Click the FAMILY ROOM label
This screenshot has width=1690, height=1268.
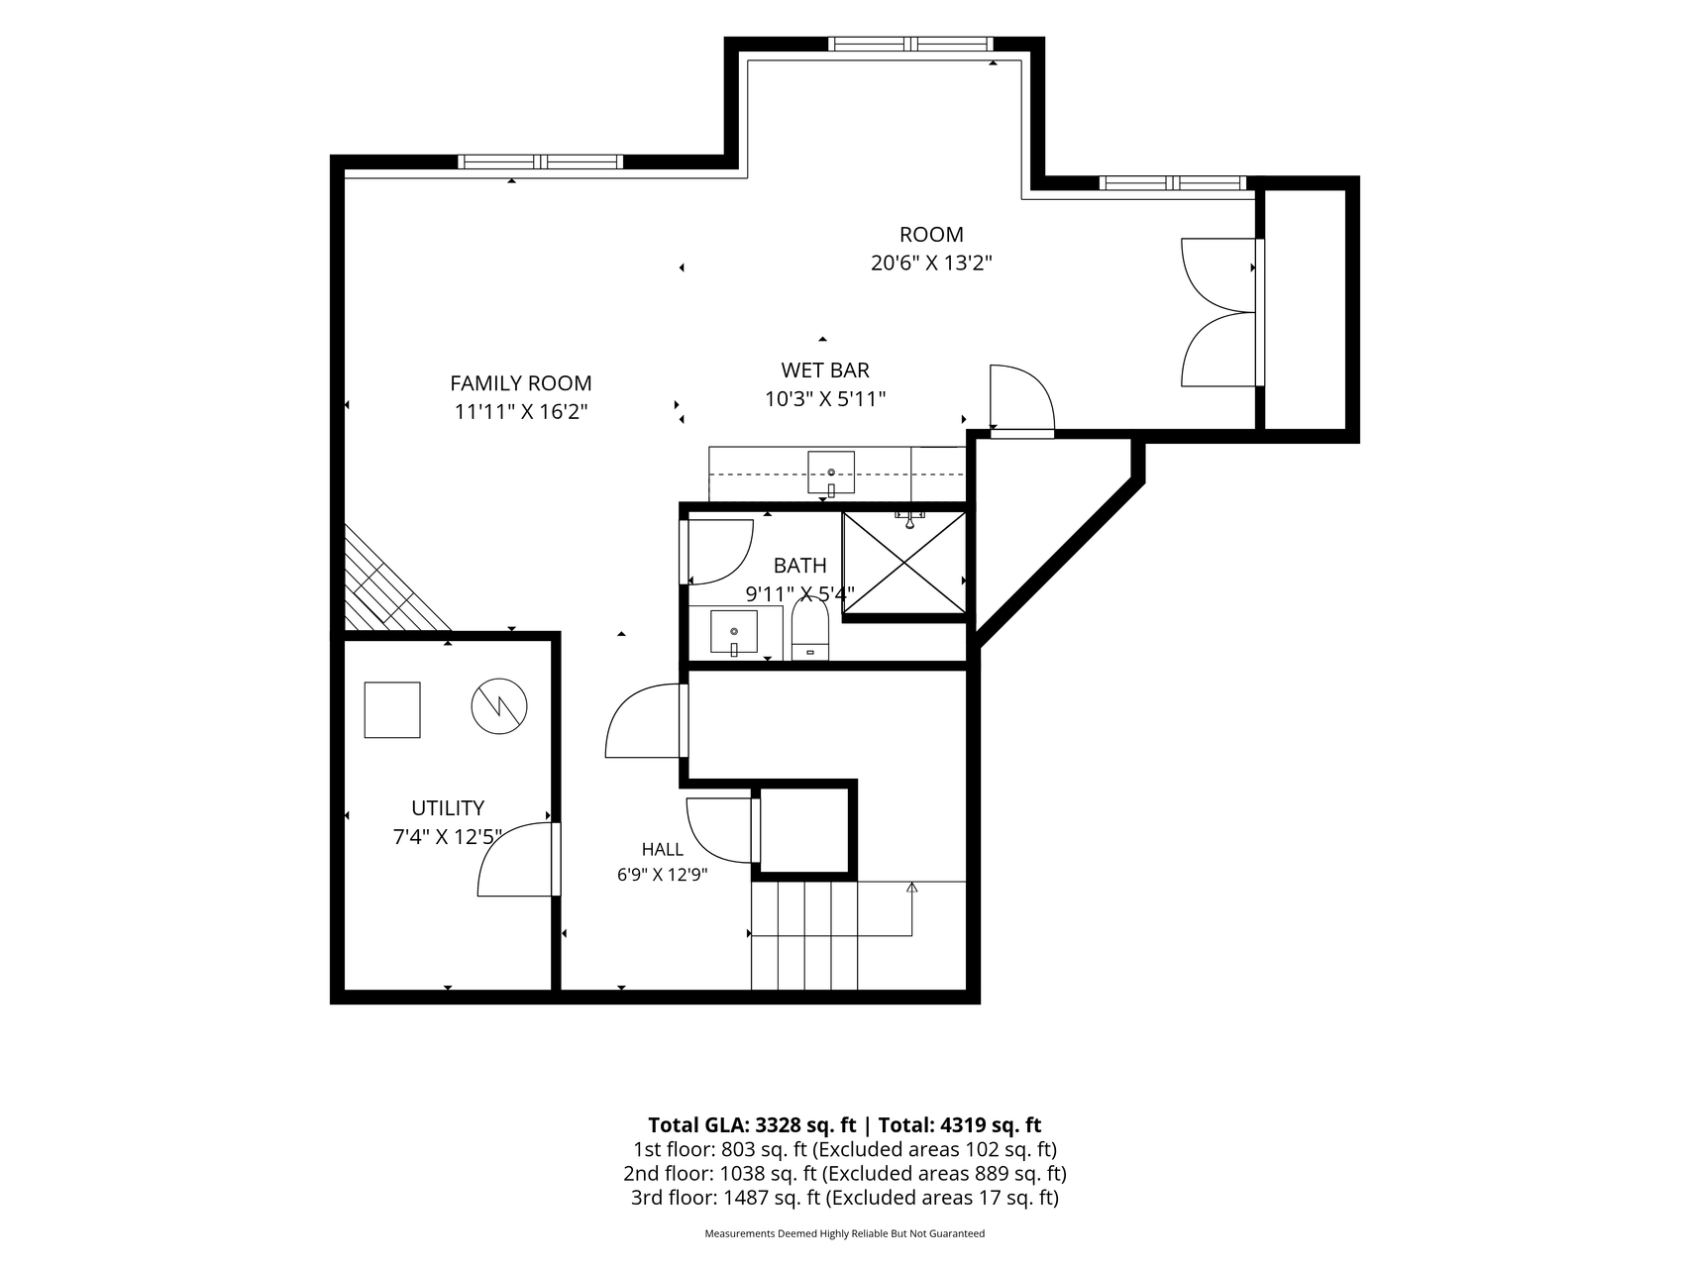521,383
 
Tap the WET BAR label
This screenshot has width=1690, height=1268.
825,370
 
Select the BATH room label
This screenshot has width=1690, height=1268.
799,566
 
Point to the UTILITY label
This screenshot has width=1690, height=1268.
448,808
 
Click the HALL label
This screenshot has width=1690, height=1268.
662,849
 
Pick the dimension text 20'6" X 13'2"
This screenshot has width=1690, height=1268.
931,264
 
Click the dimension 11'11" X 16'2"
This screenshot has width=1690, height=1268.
521,412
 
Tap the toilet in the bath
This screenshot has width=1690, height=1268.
809,630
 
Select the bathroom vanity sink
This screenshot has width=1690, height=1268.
734,633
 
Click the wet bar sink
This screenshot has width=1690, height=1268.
831,474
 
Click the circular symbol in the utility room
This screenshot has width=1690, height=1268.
498,706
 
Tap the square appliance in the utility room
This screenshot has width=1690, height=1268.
392,709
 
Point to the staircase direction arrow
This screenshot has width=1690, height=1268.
911,908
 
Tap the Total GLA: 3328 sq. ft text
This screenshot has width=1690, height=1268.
752,1125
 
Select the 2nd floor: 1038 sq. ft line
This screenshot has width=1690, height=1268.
844,1174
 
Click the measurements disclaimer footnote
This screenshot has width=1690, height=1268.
844,1234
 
